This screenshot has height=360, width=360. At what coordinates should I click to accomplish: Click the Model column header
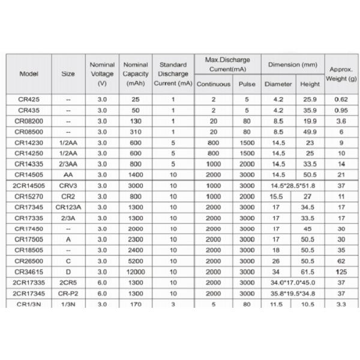coord(28,74)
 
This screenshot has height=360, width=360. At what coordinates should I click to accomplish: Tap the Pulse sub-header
coord(247,84)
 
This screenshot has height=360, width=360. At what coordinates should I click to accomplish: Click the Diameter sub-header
coord(278,84)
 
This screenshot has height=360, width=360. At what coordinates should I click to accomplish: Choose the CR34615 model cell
coord(28,272)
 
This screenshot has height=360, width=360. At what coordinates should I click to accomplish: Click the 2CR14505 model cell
coord(28,185)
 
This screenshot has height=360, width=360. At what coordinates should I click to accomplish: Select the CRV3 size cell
coord(68,185)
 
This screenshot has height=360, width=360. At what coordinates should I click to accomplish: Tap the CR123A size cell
coord(68,207)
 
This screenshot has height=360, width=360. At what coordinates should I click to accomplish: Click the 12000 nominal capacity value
coord(136,272)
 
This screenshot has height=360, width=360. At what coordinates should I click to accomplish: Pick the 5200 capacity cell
coord(136,261)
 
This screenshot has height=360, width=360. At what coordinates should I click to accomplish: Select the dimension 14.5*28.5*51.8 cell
coord(292,185)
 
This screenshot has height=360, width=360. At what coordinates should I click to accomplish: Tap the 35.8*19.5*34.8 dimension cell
coord(292,293)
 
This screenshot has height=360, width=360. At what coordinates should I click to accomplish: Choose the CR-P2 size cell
coord(68,293)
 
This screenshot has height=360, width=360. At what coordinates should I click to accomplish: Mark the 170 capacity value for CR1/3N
coord(136,304)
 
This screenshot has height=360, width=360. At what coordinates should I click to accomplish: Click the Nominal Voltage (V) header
coord(102,74)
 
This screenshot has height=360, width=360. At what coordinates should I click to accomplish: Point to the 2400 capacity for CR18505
coord(136,250)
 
